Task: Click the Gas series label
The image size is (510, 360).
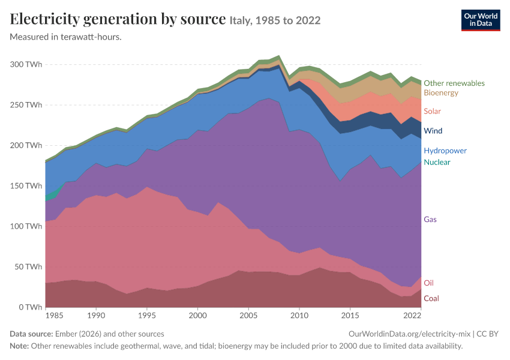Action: pos(430,220)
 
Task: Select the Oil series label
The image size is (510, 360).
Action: pos(428,283)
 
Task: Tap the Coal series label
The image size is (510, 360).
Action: pos(431,299)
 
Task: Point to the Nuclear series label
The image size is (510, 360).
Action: pos(437,162)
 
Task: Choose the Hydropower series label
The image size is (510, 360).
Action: pos(445,151)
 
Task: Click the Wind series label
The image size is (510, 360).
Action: pos(433,131)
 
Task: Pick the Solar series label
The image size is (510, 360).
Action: pos(432,111)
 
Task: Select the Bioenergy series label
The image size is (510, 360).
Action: pos(441,92)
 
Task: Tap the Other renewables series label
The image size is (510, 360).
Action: pos(454,83)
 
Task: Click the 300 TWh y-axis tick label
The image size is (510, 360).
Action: pos(26,64)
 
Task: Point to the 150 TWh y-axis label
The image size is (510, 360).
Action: pos(26,185)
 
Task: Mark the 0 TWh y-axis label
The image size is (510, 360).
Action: pos(31,307)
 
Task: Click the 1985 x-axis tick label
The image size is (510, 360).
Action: pos(55,316)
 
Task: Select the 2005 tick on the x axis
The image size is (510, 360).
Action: pos(248,316)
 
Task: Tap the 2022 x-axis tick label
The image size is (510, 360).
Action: pos(412,316)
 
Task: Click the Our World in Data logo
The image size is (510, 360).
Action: pos(481,20)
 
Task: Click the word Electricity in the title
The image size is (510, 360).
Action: pos(45,19)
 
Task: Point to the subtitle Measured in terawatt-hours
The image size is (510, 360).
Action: pos(66,37)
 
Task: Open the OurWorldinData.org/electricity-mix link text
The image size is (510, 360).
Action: pos(409,334)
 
